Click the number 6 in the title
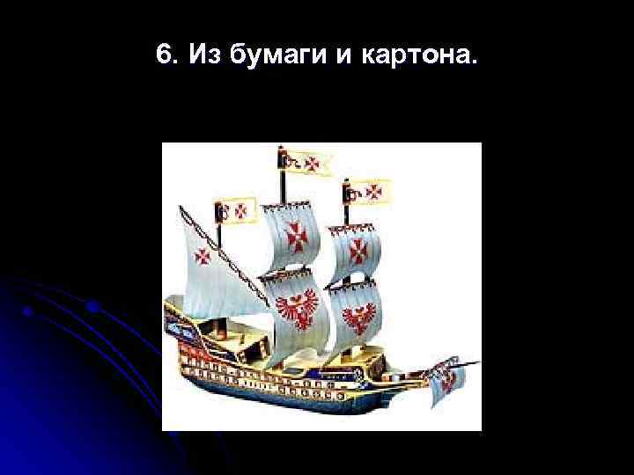[162, 55]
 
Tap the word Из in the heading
[195, 55]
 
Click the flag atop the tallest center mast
[306, 162]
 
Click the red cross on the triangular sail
[203, 257]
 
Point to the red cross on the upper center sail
[295, 235]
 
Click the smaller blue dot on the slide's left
[29, 311]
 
